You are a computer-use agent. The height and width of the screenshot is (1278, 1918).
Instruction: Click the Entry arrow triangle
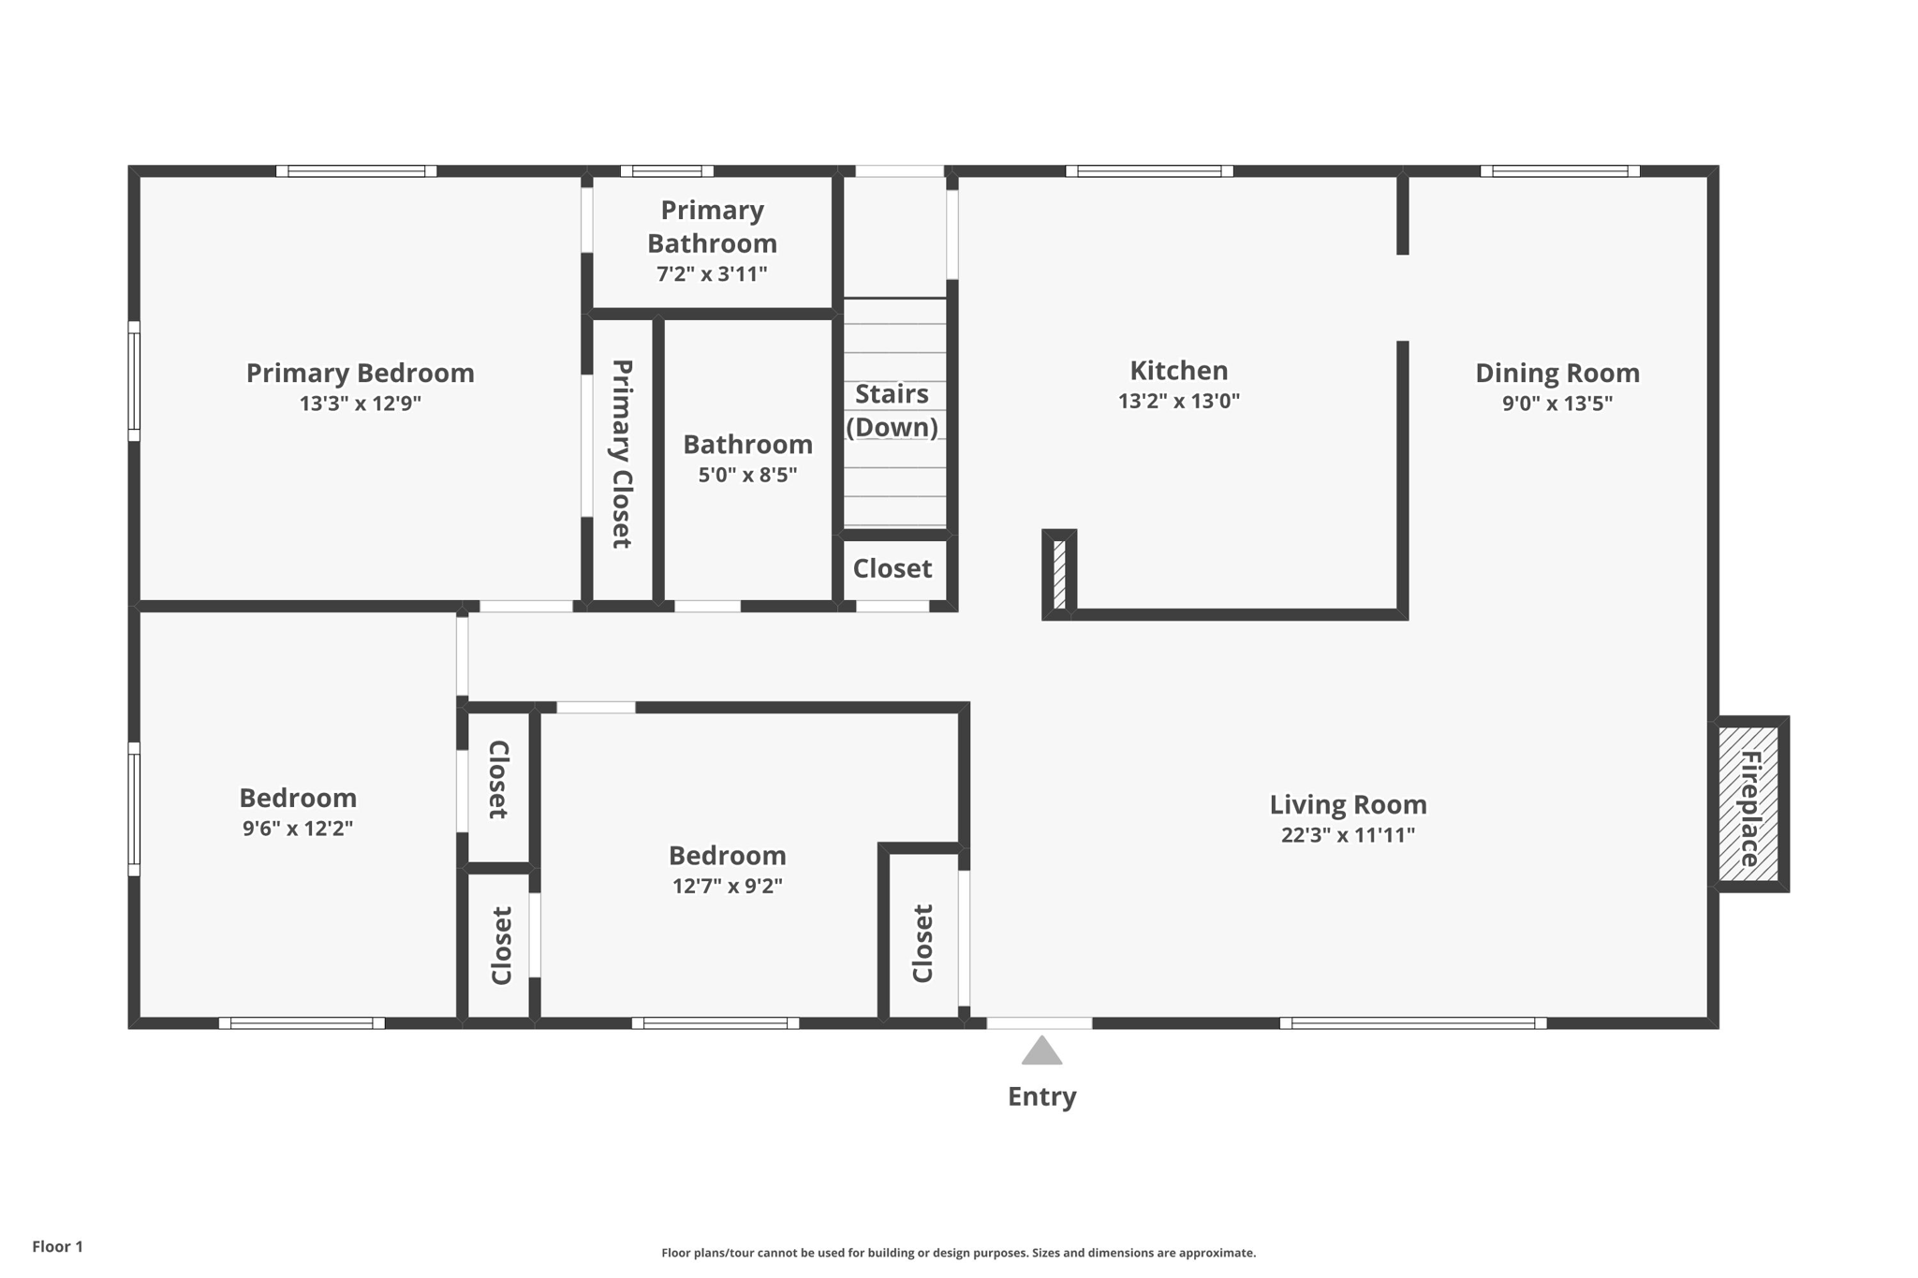click(1041, 1052)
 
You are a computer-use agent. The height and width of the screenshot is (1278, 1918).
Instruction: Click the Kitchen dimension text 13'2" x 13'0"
click(1178, 402)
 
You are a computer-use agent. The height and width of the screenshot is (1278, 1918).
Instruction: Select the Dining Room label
click(1557, 373)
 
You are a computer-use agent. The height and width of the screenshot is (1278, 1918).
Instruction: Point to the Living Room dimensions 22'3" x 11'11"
click(1347, 835)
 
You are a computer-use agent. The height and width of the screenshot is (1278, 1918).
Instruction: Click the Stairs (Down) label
click(892, 410)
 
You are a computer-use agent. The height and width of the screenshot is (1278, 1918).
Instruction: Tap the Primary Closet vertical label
click(622, 454)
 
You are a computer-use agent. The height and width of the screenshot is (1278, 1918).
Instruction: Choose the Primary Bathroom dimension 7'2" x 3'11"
click(712, 274)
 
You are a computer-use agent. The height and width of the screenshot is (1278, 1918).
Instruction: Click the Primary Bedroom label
click(360, 373)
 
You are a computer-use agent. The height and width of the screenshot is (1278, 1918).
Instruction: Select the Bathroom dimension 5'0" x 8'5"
click(747, 475)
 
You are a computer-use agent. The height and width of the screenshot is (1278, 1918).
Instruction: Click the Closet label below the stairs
click(892, 568)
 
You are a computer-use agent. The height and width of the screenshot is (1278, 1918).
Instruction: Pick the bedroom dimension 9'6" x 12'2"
click(297, 829)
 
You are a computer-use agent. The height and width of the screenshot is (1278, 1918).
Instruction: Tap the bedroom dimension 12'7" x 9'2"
click(727, 886)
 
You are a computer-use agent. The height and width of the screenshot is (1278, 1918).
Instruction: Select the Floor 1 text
click(57, 1246)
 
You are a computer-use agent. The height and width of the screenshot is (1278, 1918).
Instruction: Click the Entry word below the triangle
click(1041, 1096)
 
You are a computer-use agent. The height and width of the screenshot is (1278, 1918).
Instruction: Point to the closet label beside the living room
click(922, 944)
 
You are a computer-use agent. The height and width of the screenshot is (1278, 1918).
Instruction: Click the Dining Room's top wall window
click(1559, 171)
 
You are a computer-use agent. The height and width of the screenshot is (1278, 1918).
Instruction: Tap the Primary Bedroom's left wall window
click(134, 381)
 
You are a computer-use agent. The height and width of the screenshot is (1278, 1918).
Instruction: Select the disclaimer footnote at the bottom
click(958, 1253)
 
